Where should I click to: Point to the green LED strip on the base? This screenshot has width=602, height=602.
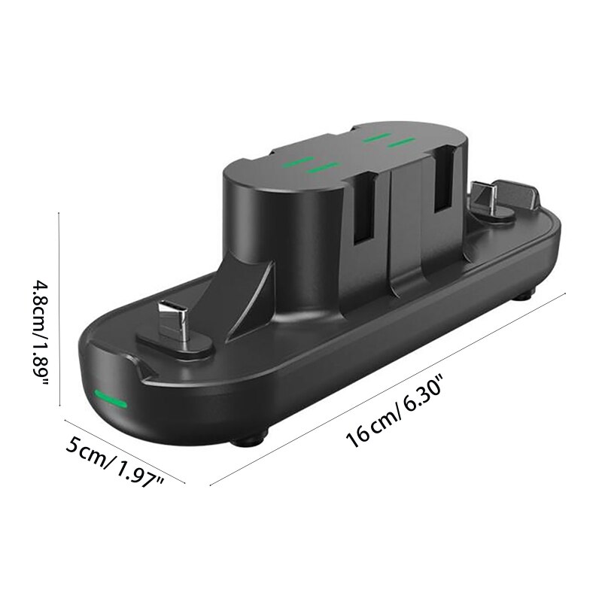pos(110,400)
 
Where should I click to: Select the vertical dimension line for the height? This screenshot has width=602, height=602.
pos(59,309)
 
